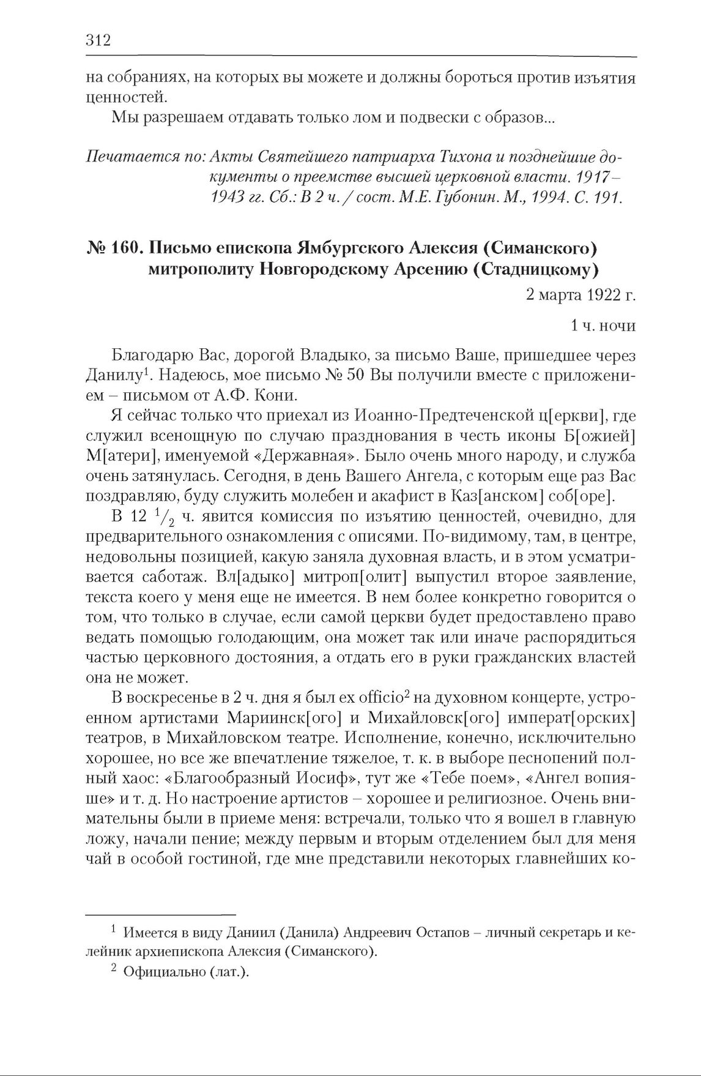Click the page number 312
pyautogui.click(x=97, y=41)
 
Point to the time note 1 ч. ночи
pyautogui.click(x=603, y=326)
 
